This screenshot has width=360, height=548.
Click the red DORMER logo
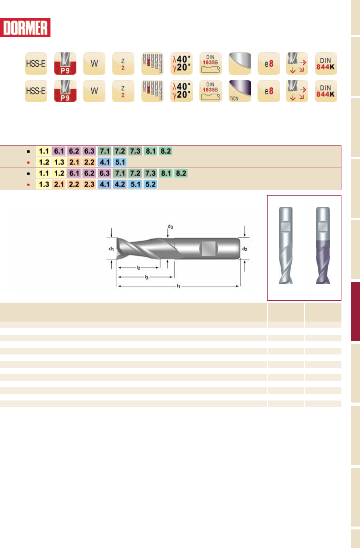pyautogui.click(x=25, y=28)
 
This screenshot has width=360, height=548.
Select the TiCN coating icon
pyautogui.click(x=240, y=91)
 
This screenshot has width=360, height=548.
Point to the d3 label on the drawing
pyautogui.click(x=170, y=227)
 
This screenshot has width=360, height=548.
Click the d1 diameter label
pyautogui.click(x=111, y=249)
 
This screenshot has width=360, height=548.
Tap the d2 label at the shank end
pyautogui.click(x=245, y=249)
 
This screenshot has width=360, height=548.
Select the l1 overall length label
pyautogui.click(x=178, y=286)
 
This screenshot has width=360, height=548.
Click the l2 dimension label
pyautogui.click(x=138, y=268)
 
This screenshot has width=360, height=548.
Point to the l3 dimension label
pyautogui.click(x=146, y=277)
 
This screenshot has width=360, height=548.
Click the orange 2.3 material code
pyautogui.click(x=89, y=184)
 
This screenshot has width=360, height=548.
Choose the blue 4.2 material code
pyautogui.click(x=120, y=184)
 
